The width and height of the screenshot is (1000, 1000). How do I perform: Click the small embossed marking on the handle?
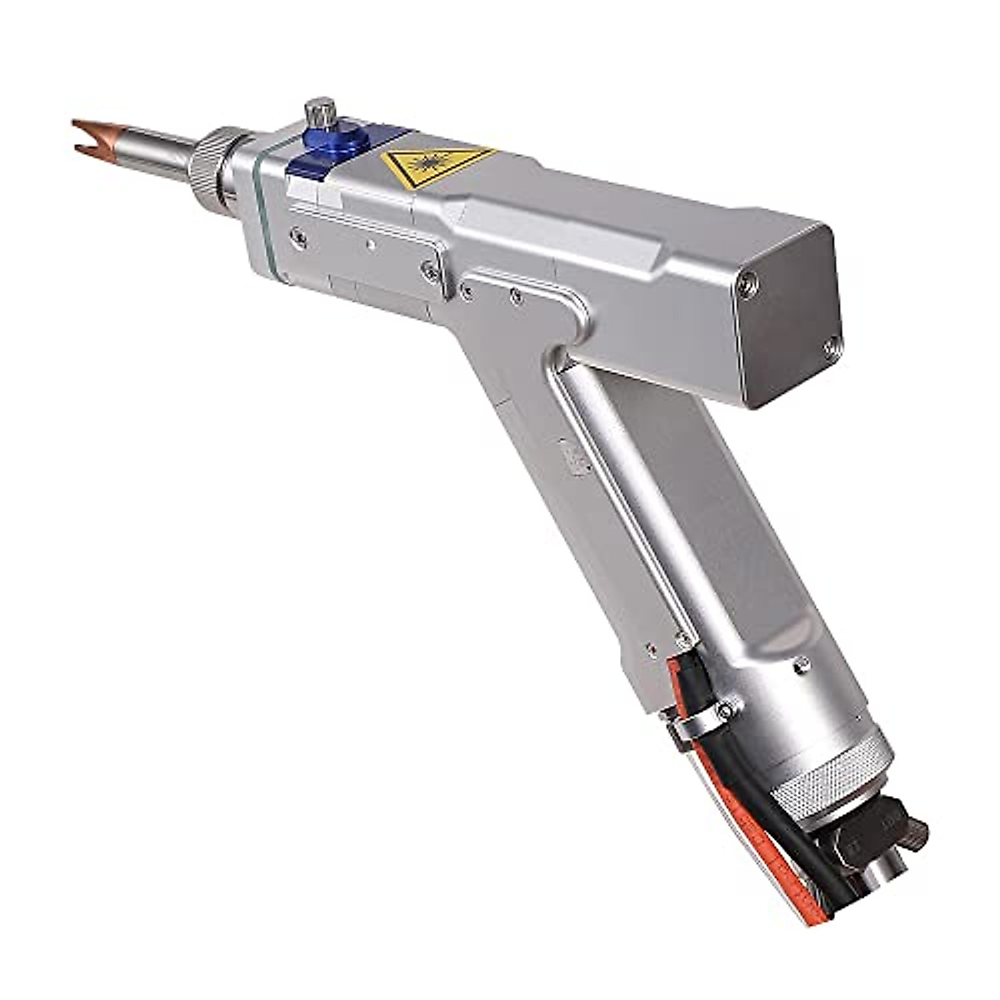(x=576, y=457)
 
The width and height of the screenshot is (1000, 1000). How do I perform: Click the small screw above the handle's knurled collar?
(x=801, y=663)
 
